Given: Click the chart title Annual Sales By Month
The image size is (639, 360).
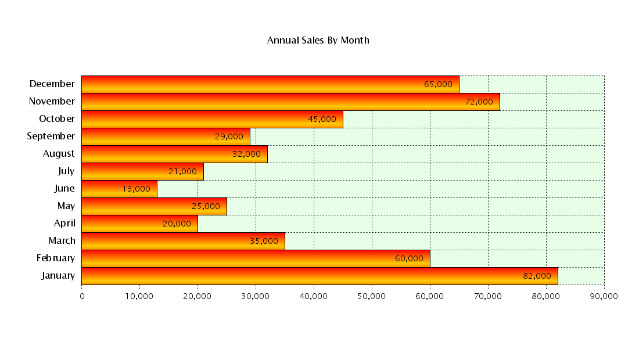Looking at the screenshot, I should [318, 40].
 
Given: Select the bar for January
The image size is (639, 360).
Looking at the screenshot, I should [319, 276].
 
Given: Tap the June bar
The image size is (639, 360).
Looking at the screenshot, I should [119, 189].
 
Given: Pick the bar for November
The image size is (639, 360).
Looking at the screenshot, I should [290, 102].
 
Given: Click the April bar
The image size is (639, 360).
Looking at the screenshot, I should [139, 224].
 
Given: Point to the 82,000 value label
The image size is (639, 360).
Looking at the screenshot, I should [537, 276].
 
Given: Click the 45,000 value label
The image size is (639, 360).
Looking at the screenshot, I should [322, 119].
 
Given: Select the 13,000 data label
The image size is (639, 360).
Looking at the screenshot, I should [136, 189].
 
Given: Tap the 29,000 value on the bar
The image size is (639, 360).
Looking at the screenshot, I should [229, 136].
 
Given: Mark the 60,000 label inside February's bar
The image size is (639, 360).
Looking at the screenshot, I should [409, 258].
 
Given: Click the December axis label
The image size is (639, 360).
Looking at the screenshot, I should [52, 84].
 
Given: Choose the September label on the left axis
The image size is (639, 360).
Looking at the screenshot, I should [51, 136].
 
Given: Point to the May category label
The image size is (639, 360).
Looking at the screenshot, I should [66, 206].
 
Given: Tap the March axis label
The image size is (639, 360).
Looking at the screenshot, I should [62, 240].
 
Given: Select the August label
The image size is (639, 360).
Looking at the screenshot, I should [59, 153].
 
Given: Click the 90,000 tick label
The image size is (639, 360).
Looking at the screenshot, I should [604, 296].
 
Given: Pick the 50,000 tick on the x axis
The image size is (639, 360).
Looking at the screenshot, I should [372, 296].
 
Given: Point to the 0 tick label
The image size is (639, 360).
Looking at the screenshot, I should [82, 296].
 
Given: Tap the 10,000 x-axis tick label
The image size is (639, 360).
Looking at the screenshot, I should [139, 296].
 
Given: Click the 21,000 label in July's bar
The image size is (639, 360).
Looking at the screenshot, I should [182, 171].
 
